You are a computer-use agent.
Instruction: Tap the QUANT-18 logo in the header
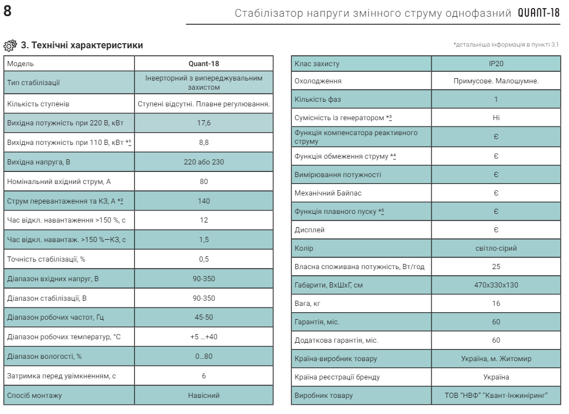point(539,13)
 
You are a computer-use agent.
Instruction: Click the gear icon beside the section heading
point(10,45)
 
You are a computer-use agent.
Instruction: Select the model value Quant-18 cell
point(204,63)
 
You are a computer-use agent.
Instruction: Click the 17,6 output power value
point(204,123)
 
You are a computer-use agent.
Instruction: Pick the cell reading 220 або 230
point(204,162)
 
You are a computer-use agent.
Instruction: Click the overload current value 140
point(204,201)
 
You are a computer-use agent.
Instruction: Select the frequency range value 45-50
point(204,317)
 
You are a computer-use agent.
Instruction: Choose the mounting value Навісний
point(204,396)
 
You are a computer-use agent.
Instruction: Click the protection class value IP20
point(496,63)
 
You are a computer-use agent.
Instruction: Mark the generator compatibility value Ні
point(496,118)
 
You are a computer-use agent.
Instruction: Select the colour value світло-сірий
point(496,248)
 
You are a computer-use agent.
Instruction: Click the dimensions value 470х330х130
point(496,285)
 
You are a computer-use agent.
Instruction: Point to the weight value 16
point(496,304)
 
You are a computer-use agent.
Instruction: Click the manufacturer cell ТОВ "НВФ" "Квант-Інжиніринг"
point(496,396)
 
